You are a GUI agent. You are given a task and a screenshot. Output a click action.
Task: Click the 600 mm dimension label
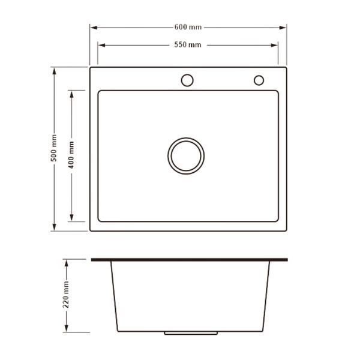point(188,27)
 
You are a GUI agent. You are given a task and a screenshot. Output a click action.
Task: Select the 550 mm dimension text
point(188,44)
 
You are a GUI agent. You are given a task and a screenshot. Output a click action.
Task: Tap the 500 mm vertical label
point(54,148)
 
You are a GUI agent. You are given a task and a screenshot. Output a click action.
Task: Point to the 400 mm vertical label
point(71,155)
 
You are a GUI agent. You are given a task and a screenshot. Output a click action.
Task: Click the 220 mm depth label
point(66,295)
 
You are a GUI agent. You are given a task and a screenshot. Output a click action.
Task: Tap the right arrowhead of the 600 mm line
point(283,28)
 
